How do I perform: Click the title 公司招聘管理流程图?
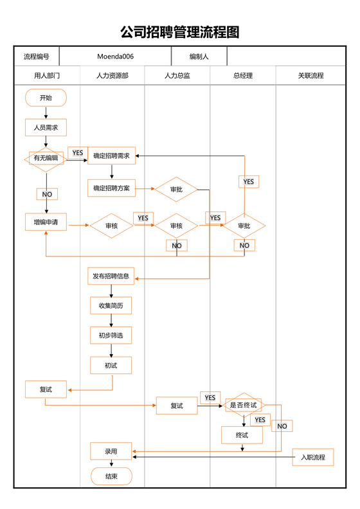coord(180,32)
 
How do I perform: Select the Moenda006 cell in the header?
coord(115,57)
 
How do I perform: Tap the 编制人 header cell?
coord(199,57)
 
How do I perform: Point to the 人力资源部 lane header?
coord(112,76)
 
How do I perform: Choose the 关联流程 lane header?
coord(310,76)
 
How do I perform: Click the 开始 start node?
coord(46,98)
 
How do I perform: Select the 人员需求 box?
coord(46,128)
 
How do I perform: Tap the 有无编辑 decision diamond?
coord(46,157)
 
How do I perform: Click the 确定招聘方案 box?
coord(111,188)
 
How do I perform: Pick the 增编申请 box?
coord(46,223)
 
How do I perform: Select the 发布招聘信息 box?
coord(111,276)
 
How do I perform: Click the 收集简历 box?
coord(111,306)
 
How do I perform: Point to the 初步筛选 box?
coord(111,335)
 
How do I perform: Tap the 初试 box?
coord(111,365)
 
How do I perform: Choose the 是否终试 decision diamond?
coord(244,405)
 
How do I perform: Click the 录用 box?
coord(111,452)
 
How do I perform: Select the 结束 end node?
coord(111,476)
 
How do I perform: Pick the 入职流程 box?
coord(313,458)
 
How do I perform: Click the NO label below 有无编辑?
coord(47,194)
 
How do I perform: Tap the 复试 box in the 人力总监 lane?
coord(177,406)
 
